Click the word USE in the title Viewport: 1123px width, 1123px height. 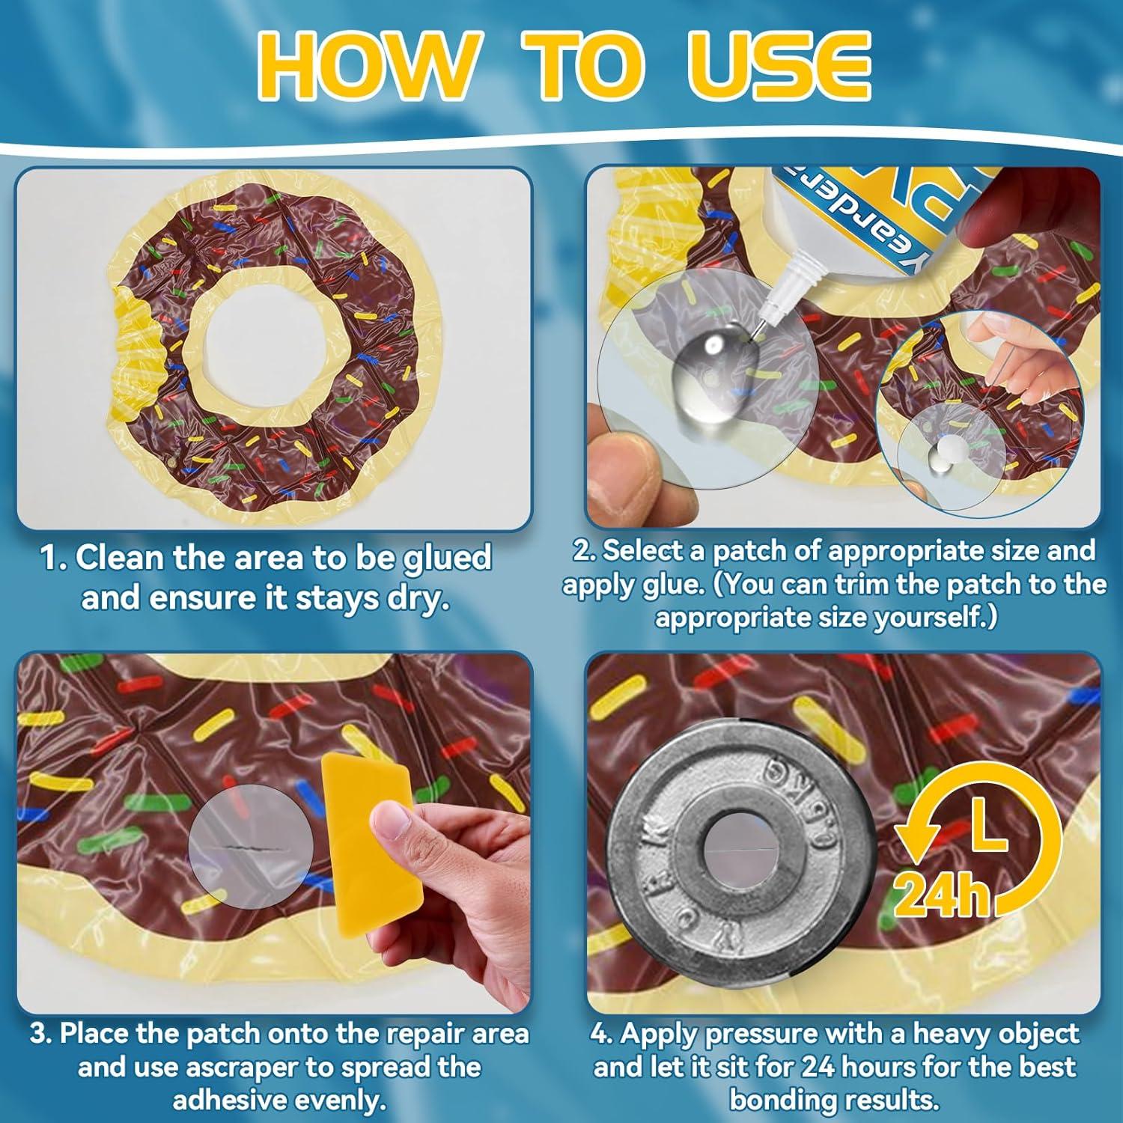(x=778, y=67)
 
